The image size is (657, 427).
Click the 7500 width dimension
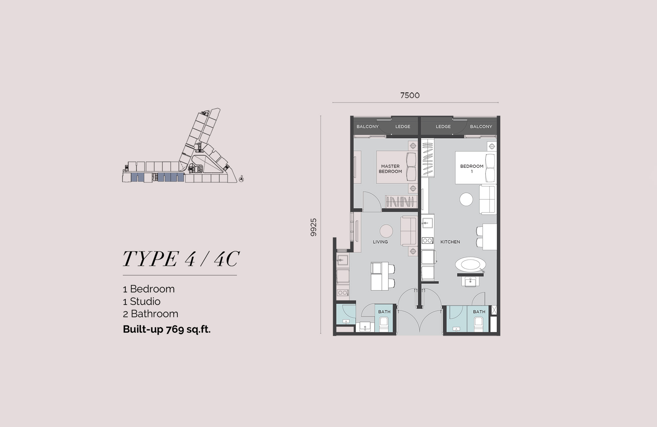point(410,95)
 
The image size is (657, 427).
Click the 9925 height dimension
point(313,227)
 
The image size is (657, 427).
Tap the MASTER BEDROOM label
point(390,169)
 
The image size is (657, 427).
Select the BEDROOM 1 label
point(472,169)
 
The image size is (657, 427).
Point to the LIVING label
point(380,242)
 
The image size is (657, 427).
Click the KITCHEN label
point(450,242)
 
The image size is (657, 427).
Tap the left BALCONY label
point(368,126)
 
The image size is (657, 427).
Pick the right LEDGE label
point(443,126)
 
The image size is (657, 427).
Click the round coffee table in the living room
point(386,231)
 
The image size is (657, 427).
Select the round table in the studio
point(466,199)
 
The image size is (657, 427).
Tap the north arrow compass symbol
point(241,179)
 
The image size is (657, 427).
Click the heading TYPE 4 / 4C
point(181,259)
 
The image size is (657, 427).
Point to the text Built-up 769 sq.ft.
point(167,329)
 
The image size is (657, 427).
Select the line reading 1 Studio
point(142,301)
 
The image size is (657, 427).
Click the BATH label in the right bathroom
point(479,312)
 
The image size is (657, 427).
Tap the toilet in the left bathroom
point(384,324)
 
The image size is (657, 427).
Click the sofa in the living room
point(409,231)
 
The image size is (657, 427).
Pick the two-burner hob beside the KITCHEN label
point(427,240)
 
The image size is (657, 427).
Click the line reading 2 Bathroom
point(150,314)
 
